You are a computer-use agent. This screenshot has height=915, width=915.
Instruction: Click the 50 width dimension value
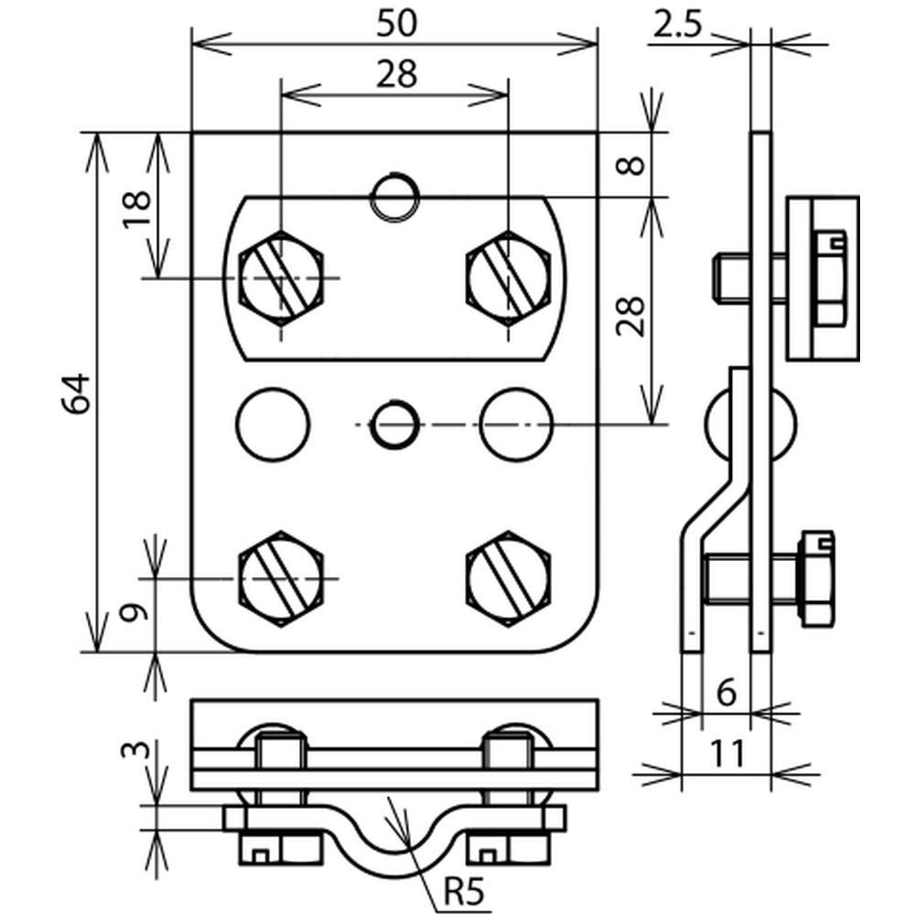[x=397, y=24]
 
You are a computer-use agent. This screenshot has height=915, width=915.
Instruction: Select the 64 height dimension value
[x=77, y=393]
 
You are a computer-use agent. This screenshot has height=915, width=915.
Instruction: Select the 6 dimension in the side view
[x=726, y=693]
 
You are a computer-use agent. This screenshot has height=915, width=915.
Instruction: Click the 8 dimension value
[x=630, y=165]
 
